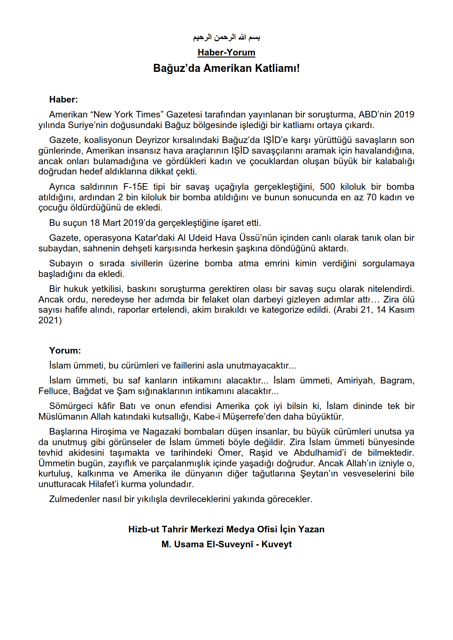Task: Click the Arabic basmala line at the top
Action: pos(226,37)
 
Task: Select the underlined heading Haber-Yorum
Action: pos(226,53)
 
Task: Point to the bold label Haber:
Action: pos(64,100)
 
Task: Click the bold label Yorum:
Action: pos(65,351)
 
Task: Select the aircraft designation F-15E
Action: pos(135,187)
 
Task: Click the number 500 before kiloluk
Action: pos(327,187)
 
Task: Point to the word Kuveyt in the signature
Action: pos(276,544)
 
